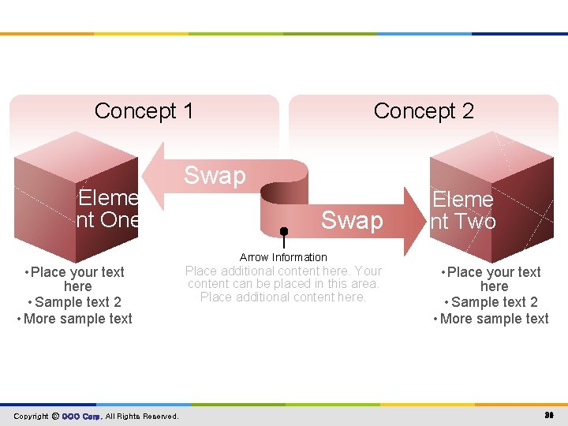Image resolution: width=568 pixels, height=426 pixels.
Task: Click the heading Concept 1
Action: pyautogui.click(x=144, y=111)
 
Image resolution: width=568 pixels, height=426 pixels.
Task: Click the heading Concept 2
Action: pyautogui.click(x=424, y=111)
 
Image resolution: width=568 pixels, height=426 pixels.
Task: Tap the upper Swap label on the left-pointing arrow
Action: pyautogui.click(x=215, y=175)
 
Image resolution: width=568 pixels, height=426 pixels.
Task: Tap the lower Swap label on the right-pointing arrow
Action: pyautogui.click(x=352, y=220)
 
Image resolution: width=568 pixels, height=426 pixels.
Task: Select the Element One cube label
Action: pyautogui.click(x=109, y=209)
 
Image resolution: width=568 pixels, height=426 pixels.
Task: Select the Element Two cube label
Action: pyautogui.click(x=463, y=211)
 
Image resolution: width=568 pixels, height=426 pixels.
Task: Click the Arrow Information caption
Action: pyautogui.click(x=283, y=257)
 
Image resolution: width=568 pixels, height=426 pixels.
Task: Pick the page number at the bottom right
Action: pyautogui.click(x=549, y=416)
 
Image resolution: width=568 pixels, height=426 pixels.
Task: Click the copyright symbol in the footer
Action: pyautogui.click(x=55, y=416)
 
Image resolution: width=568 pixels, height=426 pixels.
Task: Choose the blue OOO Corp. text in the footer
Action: pyautogui.click(x=81, y=416)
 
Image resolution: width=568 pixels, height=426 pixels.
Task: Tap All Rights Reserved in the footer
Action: pyautogui.click(x=142, y=416)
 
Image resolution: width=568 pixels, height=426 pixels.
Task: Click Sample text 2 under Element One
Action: pyautogui.click(x=77, y=302)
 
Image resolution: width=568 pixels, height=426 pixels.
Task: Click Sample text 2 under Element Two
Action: pyautogui.click(x=494, y=302)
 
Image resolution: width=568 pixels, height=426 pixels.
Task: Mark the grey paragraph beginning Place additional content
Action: pyautogui.click(x=283, y=284)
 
